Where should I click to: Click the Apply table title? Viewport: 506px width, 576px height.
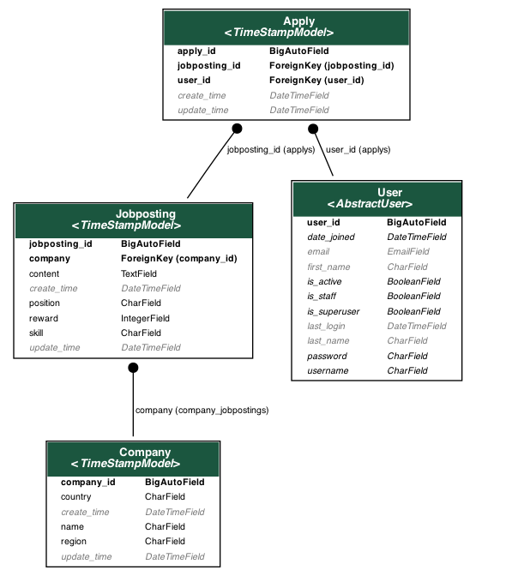(x=298, y=21)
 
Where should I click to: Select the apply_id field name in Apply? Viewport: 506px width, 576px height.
(x=196, y=51)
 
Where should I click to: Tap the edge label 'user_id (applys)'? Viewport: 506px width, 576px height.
(x=358, y=149)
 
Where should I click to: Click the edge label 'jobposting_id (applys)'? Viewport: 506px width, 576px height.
(x=271, y=149)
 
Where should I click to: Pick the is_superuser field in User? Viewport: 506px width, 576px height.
(x=333, y=311)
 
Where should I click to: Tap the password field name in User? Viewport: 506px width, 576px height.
(x=327, y=356)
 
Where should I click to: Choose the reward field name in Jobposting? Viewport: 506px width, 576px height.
(x=43, y=318)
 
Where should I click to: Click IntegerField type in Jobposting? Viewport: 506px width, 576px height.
(x=145, y=318)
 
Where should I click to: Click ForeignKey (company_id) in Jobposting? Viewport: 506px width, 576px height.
(x=178, y=258)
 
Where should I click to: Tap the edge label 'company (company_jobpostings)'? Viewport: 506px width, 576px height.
(x=202, y=411)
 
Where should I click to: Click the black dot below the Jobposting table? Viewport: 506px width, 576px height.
(x=133, y=368)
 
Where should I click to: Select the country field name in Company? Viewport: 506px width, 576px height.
(x=75, y=497)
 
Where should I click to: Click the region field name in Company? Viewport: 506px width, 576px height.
(x=73, y=542)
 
